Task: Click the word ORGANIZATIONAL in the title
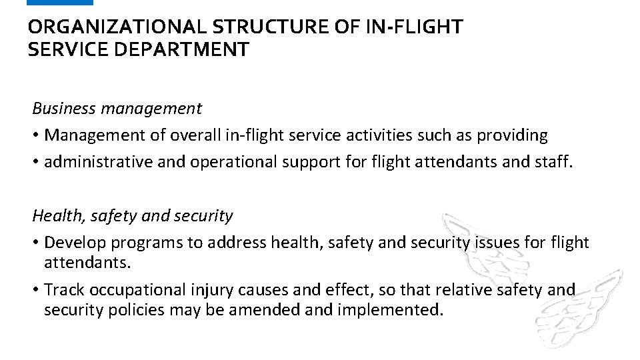point(117,27)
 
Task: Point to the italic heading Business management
point(117,108)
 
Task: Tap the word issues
point(497,243)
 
